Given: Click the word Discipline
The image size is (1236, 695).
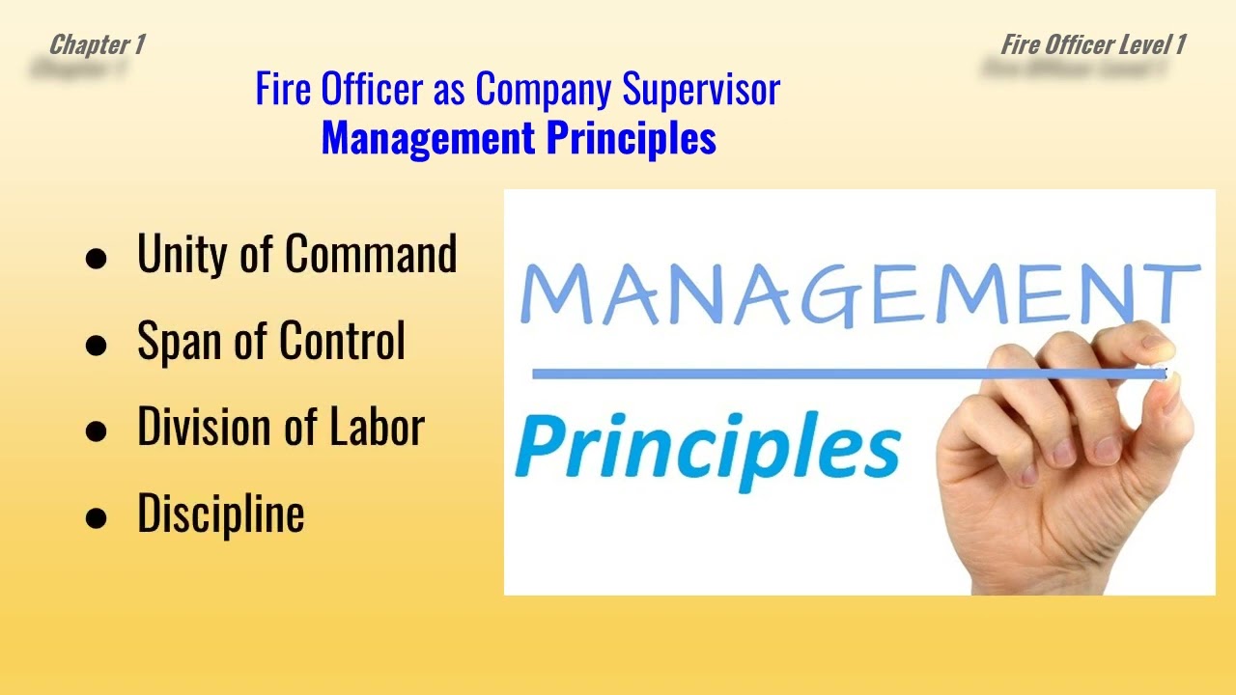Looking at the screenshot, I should (221, 513).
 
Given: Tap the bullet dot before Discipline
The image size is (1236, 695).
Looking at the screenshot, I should (96, 517).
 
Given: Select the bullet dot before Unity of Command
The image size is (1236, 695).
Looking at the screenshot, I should (96, 259).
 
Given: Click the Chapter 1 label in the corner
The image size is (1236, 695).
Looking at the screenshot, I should (97, 44).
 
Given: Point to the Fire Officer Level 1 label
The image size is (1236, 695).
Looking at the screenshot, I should (1093, 44).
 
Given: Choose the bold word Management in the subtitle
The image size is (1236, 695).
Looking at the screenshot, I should (429, 138).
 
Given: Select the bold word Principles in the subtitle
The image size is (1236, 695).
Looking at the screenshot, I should (632, 138).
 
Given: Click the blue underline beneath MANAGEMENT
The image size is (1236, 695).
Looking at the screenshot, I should (821, 374).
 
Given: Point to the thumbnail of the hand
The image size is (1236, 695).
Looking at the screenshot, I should (1072, 454).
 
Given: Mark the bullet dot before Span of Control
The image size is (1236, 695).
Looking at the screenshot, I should (96, 345).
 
